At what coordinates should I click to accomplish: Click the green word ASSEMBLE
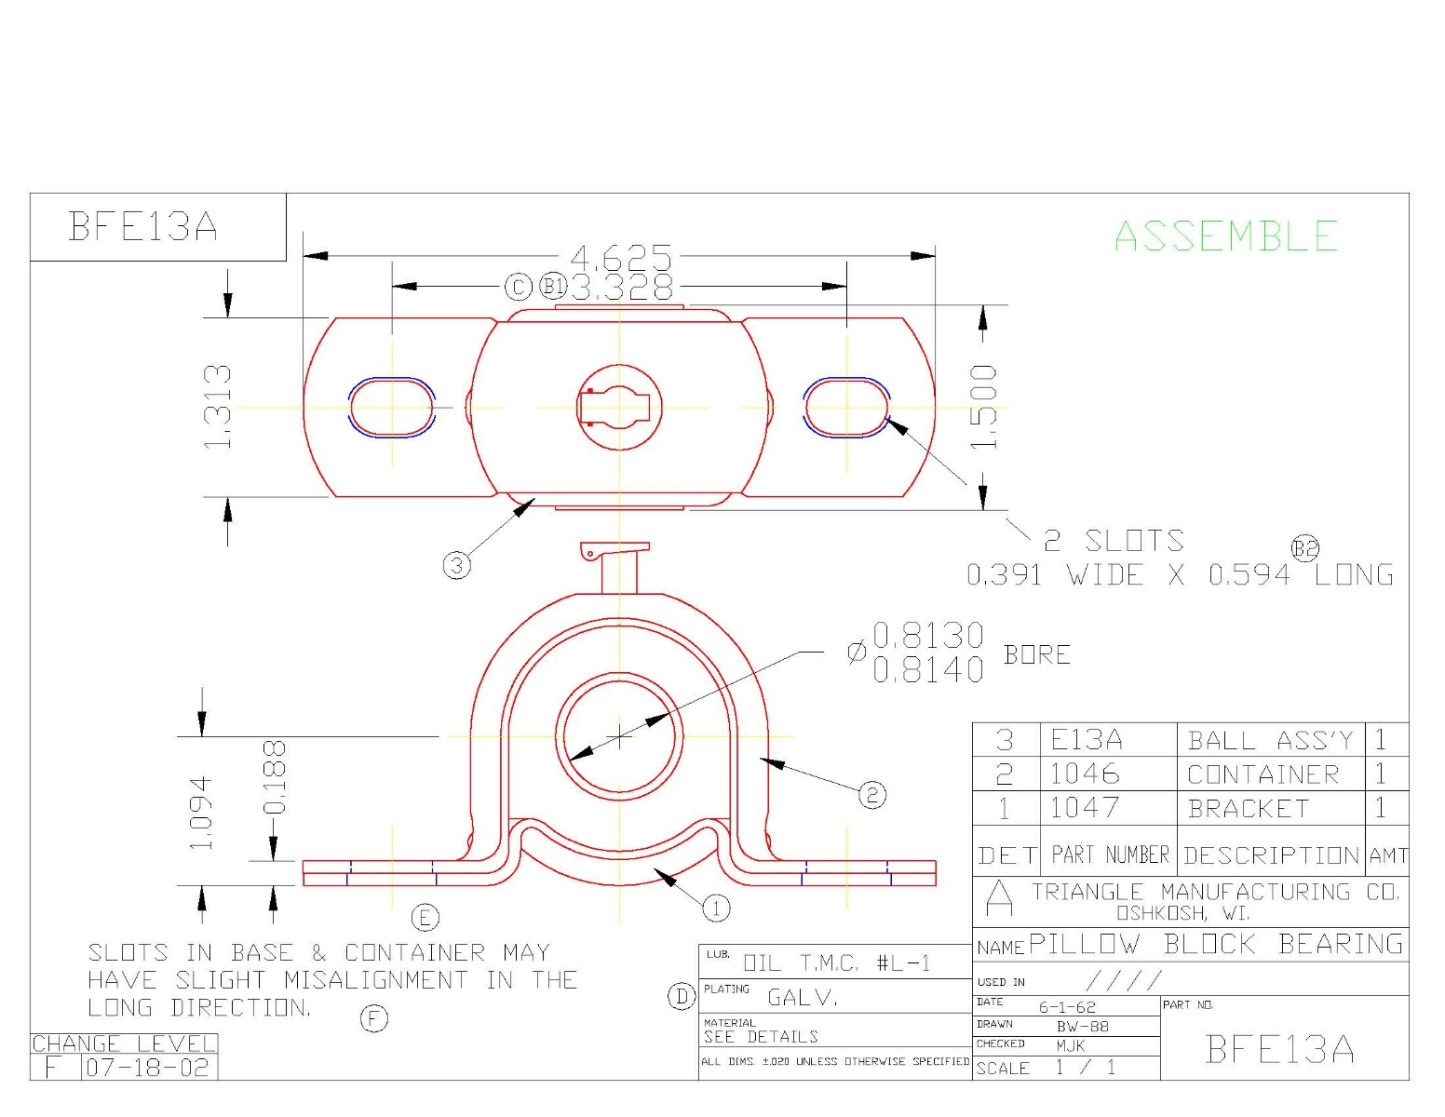1226,236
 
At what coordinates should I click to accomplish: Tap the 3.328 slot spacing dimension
621,287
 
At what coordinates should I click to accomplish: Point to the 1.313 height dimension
218,407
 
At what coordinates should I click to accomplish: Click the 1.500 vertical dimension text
983,407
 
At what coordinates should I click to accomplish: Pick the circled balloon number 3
456,564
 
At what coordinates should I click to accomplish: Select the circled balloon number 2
871,794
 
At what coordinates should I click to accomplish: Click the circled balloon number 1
715,908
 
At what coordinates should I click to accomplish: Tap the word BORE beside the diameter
1036,655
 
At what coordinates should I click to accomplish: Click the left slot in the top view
392,408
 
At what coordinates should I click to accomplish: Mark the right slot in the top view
846,408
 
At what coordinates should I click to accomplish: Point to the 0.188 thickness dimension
274,777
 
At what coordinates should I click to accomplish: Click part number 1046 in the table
1085,774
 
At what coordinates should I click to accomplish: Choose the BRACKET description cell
1249,809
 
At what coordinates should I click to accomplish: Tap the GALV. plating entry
803,998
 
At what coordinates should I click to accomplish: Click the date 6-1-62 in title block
1067,1007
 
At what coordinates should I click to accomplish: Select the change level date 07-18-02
148,1068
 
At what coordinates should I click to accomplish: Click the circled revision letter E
425,918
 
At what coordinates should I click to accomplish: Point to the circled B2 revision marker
1305,548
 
